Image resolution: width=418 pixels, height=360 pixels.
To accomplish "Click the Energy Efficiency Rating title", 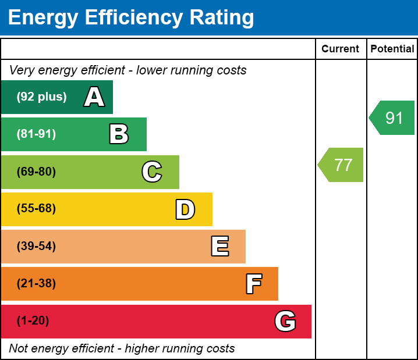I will coord(131,17).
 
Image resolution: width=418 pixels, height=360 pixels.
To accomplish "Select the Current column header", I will coord(341,49).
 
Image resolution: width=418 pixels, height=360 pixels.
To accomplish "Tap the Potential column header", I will coord(392,49).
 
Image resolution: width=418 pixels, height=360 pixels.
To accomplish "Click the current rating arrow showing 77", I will coord(342,165).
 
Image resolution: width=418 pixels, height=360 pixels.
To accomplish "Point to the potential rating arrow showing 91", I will coord(393,118).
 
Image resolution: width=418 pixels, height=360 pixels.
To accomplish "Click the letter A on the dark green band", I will coord(94,97).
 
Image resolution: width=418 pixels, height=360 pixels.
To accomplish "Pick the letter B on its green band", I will coord(119,134).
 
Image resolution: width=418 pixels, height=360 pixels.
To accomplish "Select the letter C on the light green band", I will coord(152,172).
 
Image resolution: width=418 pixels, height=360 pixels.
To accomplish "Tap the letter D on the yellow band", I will coord(185,209).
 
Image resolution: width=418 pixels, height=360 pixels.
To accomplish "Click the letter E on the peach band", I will coord(219,247).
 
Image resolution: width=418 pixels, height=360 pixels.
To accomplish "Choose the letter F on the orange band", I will coord(253,284).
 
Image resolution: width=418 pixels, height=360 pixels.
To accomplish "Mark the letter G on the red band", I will coord(285,321).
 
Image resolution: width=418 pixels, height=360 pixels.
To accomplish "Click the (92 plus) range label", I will coord(41,97).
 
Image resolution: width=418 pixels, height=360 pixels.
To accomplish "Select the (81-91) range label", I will coord(36,134).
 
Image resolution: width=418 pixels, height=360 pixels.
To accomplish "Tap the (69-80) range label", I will coord(36,172).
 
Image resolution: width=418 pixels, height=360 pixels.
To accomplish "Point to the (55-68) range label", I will coord(36,209).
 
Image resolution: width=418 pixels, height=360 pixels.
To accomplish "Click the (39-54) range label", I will coord(36,247).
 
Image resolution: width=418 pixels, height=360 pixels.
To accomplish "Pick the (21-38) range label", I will coord(36,284).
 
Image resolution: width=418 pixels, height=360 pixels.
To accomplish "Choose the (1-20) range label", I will coord(33,321).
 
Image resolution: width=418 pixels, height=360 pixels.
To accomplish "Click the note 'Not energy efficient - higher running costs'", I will coord(122,349).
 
